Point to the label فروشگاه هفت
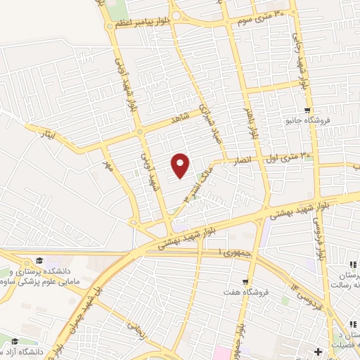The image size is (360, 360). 236,290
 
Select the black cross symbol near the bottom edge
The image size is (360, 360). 319,350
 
